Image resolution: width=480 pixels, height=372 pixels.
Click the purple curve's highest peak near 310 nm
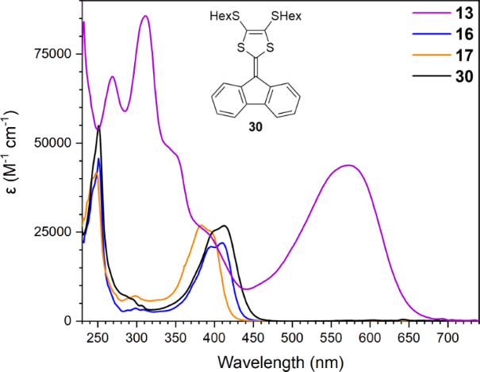(x=144, y=17)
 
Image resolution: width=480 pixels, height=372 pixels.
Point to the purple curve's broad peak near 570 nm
(x=349, y=165)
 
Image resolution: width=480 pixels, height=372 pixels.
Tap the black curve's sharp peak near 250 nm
(x=98, y=126)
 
